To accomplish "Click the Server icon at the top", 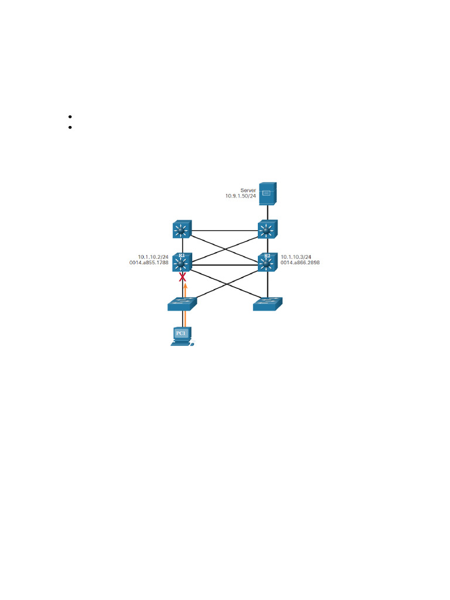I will pos(267,193).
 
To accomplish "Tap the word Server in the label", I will pos(248,190).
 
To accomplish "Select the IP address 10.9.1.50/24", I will pos(241,196).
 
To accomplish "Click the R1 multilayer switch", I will pos(182,263).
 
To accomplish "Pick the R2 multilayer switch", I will pos(267,263).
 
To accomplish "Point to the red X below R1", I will pos(182,277).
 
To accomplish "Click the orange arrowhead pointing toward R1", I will pos(185,287).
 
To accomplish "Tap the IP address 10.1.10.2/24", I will pos(153,257).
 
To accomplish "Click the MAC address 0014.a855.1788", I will pos(149,263).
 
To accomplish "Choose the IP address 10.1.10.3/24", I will pos(296,257).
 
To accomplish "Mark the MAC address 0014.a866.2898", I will pos(300,263).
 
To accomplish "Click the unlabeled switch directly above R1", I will pos(182,230).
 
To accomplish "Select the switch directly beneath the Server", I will pos(267,230).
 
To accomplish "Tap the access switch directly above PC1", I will pos(182,304).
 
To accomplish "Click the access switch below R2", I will pos(267,304).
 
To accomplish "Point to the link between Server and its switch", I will pos(267,212).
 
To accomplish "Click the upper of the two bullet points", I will pos(70,117).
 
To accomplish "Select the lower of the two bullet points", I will pos(70,127).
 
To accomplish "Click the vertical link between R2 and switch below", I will pos(267,285).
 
